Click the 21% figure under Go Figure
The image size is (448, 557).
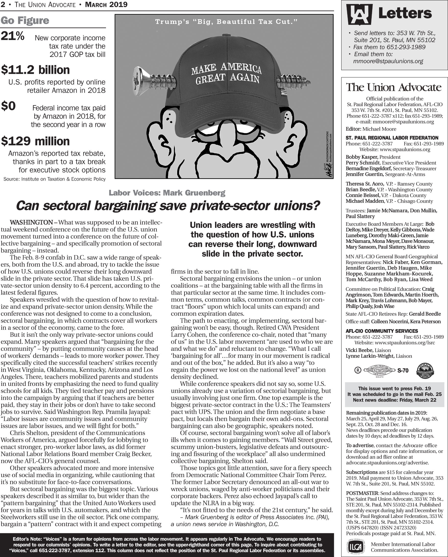[x=13, y=36]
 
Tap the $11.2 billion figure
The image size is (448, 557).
[x=35, y=70]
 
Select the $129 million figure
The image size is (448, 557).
[x=35, y=141]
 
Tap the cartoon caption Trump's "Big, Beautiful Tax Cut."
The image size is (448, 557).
[x=226, y=22]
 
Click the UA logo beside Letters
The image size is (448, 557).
[x=359, y=14]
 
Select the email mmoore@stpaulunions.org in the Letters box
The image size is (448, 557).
[x=388, y=61]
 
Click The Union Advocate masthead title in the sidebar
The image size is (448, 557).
[x=393, y=87]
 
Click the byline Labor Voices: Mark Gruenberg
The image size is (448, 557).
[x=167, y=193]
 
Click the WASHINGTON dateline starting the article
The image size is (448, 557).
[x=31, y=222]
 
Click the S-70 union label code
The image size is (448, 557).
[x=403, y=371]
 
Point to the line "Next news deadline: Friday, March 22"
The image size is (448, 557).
[x=394, y=400]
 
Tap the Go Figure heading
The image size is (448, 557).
[x=25, y=21]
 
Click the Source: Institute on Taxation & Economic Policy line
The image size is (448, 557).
[x=55, y=179]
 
